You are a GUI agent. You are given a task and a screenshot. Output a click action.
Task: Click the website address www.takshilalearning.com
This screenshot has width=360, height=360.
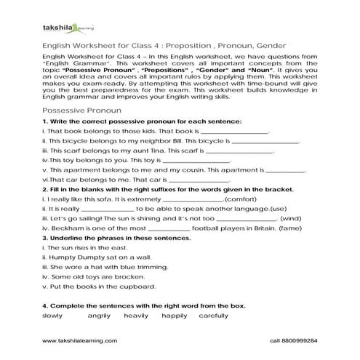[73, 340]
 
